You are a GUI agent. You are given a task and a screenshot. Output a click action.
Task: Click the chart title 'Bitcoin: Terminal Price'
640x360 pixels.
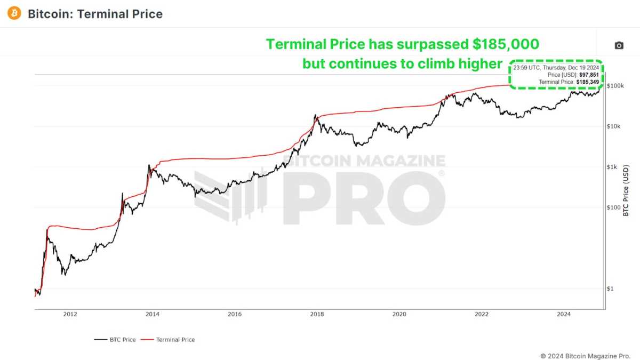(95, 14)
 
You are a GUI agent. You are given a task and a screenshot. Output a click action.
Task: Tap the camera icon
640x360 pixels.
(619, 46)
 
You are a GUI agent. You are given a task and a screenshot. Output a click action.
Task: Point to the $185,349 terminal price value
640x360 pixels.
(588, 83)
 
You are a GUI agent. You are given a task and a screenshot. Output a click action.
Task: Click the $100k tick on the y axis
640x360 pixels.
(616, 86)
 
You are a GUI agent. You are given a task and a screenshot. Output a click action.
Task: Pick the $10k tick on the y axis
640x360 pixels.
(614, 126)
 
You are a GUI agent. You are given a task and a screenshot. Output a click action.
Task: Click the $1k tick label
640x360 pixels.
(613, 167)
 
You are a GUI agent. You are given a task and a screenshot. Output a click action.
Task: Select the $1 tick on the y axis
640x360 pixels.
(611, 289)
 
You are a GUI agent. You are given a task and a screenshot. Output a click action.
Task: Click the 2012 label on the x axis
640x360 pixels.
(70, 315)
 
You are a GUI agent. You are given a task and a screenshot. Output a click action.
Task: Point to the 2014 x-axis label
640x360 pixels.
(152, 315)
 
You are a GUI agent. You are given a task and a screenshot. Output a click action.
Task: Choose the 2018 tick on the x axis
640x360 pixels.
(317, 315)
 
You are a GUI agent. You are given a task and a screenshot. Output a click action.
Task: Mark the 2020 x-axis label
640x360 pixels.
(399, 315)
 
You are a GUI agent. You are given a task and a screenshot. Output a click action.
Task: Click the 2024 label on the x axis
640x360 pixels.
(564, 315)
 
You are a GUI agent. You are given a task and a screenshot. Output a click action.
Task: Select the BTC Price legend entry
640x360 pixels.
(115, 340)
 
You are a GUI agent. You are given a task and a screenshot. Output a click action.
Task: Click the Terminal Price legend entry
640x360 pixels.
(169, 340)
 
